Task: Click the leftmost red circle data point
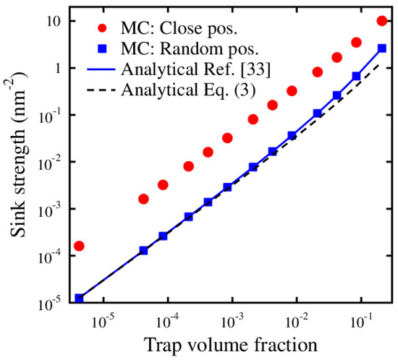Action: point(79,246)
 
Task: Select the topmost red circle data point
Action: point(382,20)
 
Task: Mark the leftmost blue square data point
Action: point(79,298)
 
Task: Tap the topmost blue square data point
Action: point(382,48)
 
